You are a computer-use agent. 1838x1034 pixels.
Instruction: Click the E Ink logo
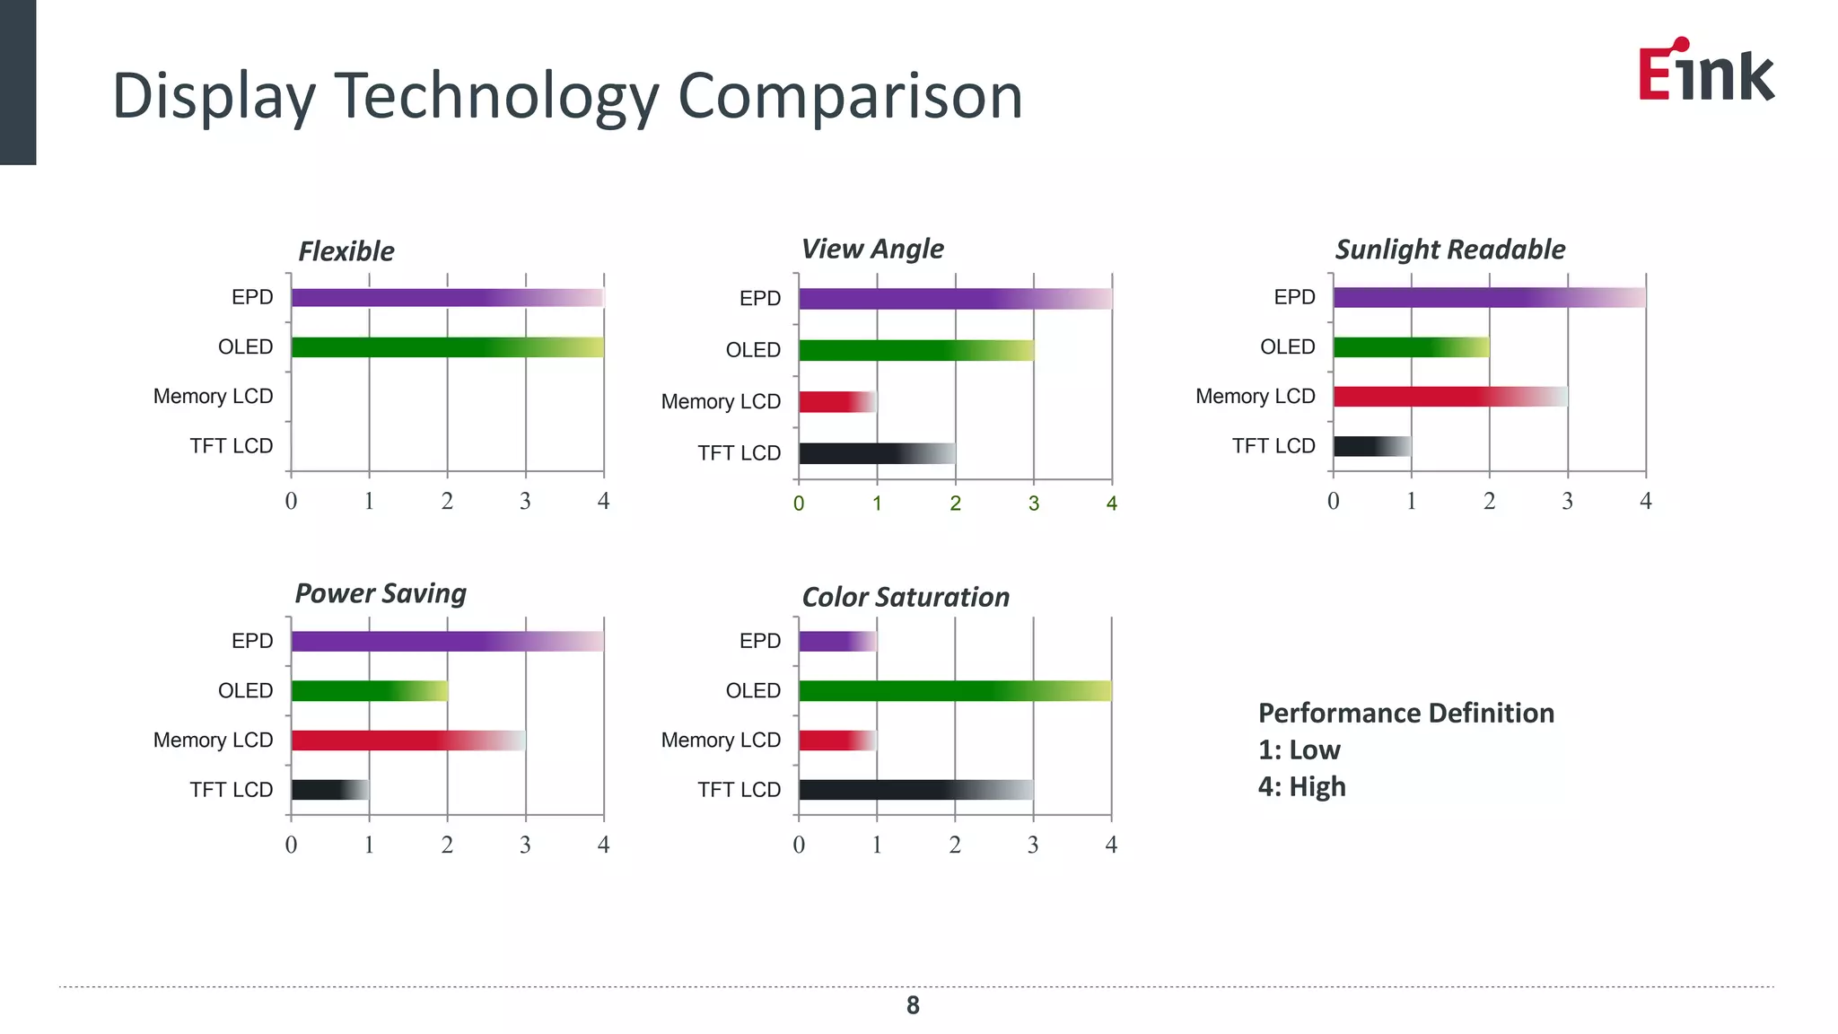[1705, 70]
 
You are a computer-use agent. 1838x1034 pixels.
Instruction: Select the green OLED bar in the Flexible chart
[447, 347]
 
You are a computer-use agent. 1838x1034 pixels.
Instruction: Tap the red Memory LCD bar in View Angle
[836, 401]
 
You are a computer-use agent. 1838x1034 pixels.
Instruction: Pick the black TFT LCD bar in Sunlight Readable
[1371, 446]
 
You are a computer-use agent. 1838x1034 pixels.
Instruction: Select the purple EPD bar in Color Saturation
[836, 641]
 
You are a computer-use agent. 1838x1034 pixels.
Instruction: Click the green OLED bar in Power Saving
[369, 690]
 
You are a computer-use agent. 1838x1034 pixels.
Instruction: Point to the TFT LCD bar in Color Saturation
[915, 790]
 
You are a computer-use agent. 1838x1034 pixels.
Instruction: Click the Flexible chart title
[346, 251]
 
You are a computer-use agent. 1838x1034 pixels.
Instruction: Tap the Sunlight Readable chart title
[1449, 250]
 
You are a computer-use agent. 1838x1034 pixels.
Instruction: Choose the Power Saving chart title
[381, 593]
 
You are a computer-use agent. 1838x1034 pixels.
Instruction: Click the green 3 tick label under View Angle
[1033, 504]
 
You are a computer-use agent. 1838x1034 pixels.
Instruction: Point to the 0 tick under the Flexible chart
[291, 501]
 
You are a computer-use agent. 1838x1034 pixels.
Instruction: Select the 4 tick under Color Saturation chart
[1111, 845]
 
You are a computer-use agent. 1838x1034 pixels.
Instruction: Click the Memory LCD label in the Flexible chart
[213, 397]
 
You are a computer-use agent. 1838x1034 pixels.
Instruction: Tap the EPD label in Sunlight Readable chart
[1294, 297]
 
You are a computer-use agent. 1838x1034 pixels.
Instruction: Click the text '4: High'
[1301, 787]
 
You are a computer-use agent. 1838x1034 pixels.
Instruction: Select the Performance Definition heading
[1405, 714]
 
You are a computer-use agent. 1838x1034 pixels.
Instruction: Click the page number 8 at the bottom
[913, 1005]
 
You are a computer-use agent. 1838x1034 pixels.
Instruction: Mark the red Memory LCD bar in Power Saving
[408, 740]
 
